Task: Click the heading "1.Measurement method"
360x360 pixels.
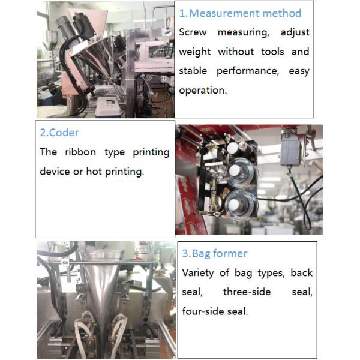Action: coord(241,13)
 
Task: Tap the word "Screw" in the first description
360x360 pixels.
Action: coord(193,32)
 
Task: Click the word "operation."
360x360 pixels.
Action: coord(203,90)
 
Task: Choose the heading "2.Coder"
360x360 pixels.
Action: coord(59,133)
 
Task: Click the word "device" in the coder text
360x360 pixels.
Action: coord(55,171)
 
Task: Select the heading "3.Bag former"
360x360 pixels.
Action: coord(215,253)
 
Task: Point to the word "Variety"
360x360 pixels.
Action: coord(202,273)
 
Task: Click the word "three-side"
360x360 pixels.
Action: coord(247,292)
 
